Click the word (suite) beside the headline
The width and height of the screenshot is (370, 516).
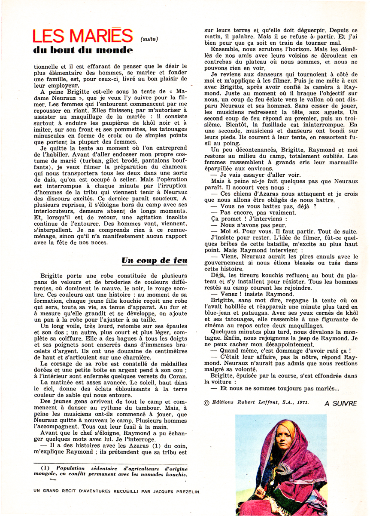coord(149,40)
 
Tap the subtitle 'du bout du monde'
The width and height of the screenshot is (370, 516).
coord(82,51)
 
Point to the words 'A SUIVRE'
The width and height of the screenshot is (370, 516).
coord(340,403)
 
